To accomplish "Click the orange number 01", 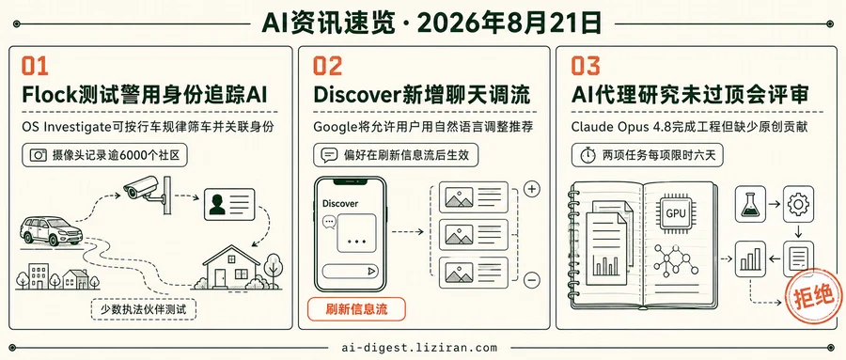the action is tap(35, 66).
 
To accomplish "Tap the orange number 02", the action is tap(327, 66).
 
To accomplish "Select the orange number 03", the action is tap(586, 66).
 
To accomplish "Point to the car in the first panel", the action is tap(52, 231).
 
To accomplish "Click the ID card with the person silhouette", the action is tap(228, 204).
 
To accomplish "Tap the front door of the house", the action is tap(220, 278).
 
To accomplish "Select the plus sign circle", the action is tap(532, 189).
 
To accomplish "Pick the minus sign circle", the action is tap(532, 279).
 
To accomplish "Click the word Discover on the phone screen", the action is tap(340, 203).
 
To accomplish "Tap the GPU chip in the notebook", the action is tap(676, 212).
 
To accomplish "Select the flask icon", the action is tap(750, 204).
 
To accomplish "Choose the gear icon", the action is tap(797, 204).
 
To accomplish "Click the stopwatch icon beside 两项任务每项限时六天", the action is tap(588, 156).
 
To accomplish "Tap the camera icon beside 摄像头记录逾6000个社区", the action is tap(39, 156).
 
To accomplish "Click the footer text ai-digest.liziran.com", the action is tap(420, 348).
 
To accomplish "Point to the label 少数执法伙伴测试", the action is tap(143, 310).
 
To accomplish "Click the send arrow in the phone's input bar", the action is tap(371, 272).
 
